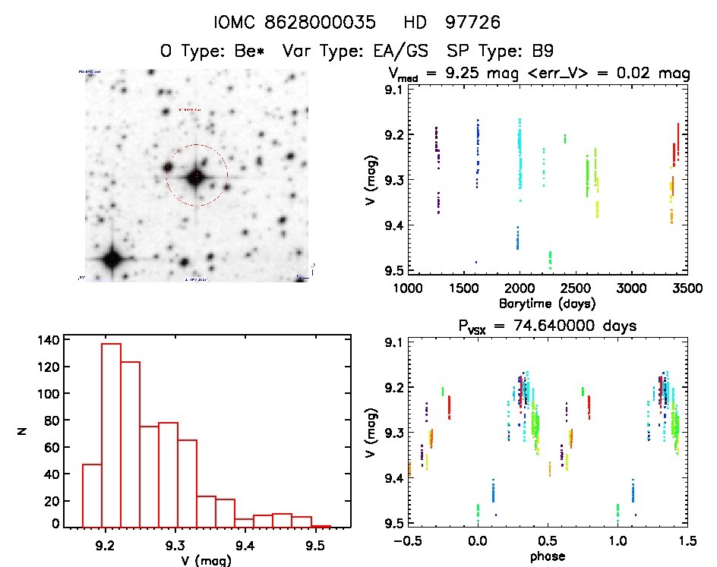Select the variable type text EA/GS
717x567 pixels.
[392, 52]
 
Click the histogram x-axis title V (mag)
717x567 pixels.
[200, 560]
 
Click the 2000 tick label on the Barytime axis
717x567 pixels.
[520, 288]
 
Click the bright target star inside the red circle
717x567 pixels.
[196, 177]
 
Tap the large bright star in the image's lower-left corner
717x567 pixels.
[112, 259]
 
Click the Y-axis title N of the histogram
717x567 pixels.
[24, 433]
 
